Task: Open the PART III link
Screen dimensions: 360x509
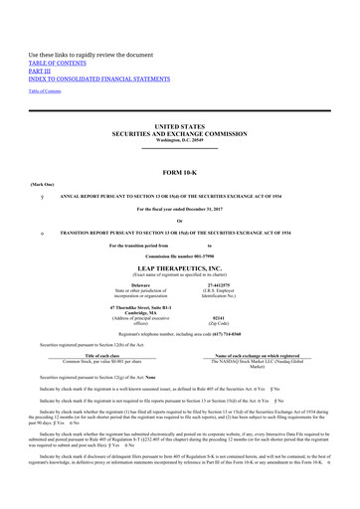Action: (41, 43)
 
